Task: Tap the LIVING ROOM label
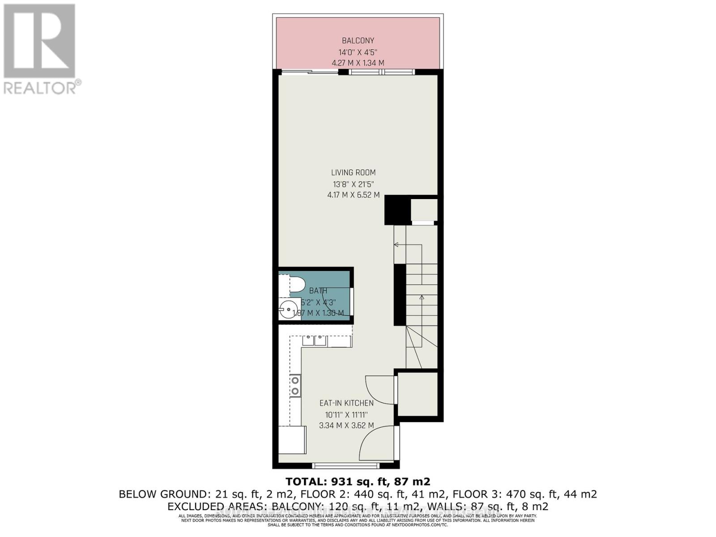click(354, 172)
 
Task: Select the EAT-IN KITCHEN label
click(346, 403)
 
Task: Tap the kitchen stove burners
click(295, 386)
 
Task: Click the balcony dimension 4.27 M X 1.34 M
click(358, 63)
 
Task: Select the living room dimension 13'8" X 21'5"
click(354, 184)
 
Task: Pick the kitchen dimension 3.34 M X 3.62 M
click(346, 426)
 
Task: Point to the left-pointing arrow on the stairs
click(396, 245)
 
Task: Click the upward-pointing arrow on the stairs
click(422, 297)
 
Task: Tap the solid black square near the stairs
click(397, 210)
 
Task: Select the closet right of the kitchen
click(418, 394)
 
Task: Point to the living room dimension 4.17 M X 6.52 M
click(354, 195)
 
